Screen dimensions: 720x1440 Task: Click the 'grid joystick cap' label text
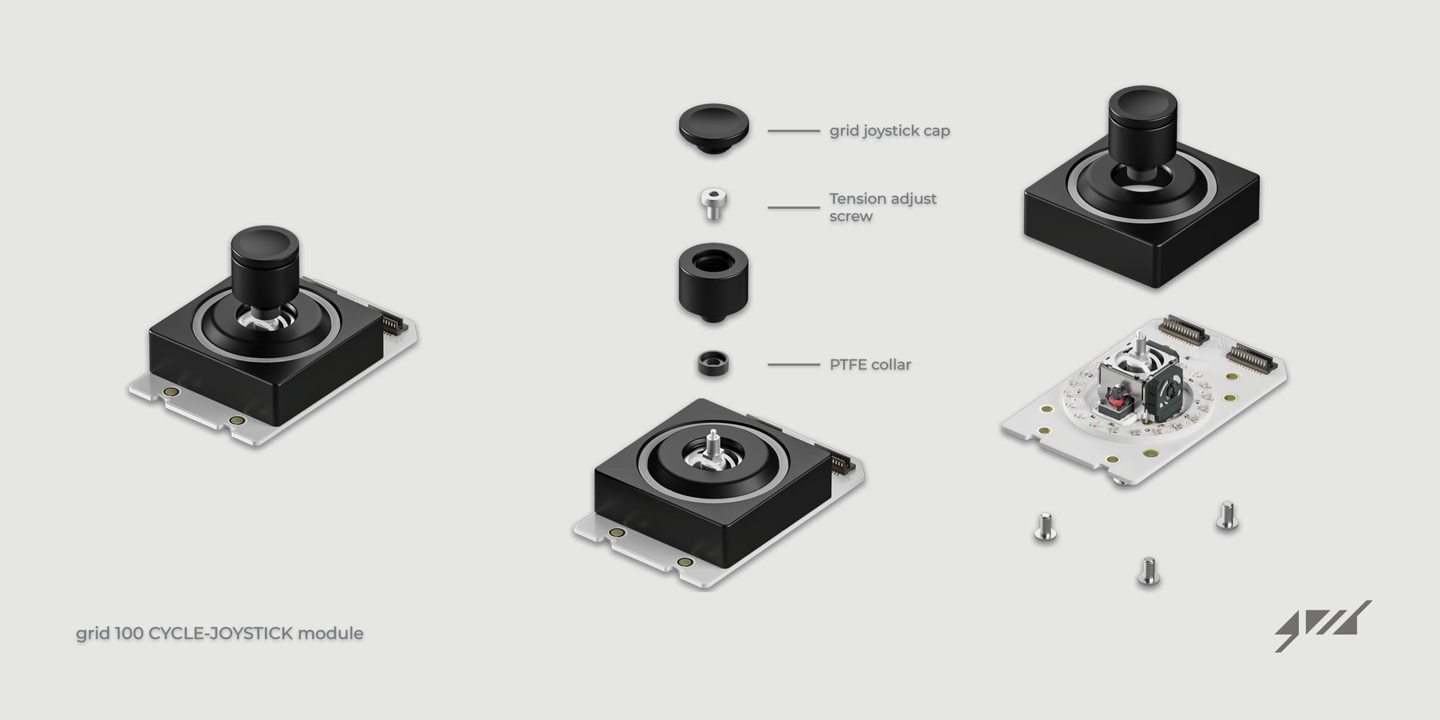[889, 131]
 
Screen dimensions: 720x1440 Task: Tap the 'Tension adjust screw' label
[883, 207]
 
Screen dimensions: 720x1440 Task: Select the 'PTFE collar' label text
[870, 365]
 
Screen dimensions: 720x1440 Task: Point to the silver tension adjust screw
[713, 205]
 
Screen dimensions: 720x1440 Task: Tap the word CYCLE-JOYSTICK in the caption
[220, 634]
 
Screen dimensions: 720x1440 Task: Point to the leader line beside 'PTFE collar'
[794, 365]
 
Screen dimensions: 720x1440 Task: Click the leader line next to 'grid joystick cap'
[794, 131]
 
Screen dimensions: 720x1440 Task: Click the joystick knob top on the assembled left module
[264, 245]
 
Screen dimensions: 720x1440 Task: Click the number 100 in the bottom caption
[130, 634]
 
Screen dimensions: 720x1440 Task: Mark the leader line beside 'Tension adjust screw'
[794, 208]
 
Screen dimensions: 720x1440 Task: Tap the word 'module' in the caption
[330, 634]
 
